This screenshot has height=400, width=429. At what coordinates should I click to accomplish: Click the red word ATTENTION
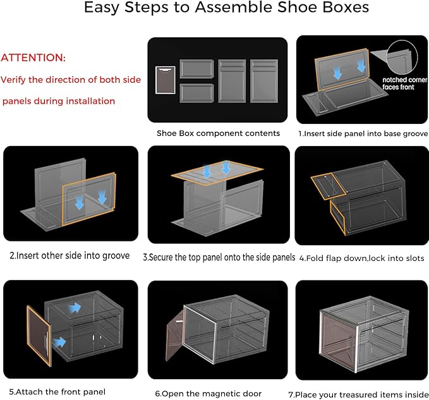[33, 58]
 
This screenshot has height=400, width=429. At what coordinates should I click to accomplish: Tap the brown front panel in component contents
[166, 80]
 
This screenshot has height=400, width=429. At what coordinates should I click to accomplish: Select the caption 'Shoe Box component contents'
[218, 133]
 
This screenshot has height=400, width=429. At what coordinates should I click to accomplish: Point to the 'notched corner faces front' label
[404, 83]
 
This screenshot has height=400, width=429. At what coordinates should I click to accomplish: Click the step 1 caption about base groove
[363, 133]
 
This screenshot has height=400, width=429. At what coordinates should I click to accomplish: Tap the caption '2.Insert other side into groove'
[69, 255]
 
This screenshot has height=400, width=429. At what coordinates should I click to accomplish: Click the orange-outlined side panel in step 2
[89, 199]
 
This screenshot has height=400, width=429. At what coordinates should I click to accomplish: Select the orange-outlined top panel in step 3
[217, 173]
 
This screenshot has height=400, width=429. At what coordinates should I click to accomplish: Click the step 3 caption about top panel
[219, 257]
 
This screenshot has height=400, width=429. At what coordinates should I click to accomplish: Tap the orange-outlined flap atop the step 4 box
[329, 186]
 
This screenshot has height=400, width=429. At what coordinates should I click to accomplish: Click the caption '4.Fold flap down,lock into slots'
[361, 258]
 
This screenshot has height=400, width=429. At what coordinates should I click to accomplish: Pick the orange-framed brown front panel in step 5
[39, 336]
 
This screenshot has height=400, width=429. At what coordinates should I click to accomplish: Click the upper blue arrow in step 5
[75, 308]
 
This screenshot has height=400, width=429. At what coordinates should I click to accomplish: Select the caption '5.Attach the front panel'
[57, 392]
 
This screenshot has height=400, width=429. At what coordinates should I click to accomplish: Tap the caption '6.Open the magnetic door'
[208, 394]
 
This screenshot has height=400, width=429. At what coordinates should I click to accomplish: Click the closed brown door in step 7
[339, 342]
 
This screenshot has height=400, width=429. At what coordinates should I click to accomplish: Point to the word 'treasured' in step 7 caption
[371, 394]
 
